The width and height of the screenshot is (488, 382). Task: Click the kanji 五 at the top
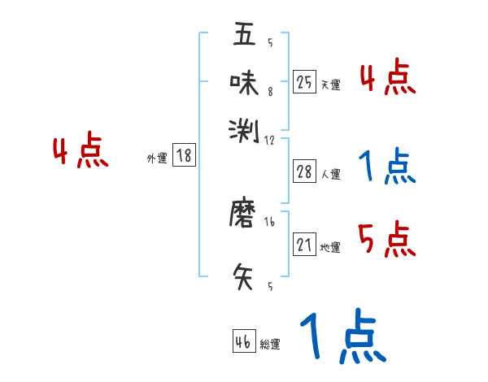point(244,35)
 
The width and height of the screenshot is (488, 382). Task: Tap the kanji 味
point(244,81)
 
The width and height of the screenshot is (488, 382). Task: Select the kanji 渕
point(244,128)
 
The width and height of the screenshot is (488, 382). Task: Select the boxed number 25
point(305,81)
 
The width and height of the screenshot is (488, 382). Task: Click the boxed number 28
point(305,171)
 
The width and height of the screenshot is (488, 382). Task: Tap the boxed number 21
point(305,245)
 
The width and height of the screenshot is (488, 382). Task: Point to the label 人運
point(330,174)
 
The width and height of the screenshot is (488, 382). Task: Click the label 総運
point(270,345)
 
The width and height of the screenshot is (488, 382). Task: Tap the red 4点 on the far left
point(80,153)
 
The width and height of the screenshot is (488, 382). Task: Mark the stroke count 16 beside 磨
point(269,220)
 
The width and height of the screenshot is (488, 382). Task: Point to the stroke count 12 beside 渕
point(270,140)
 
